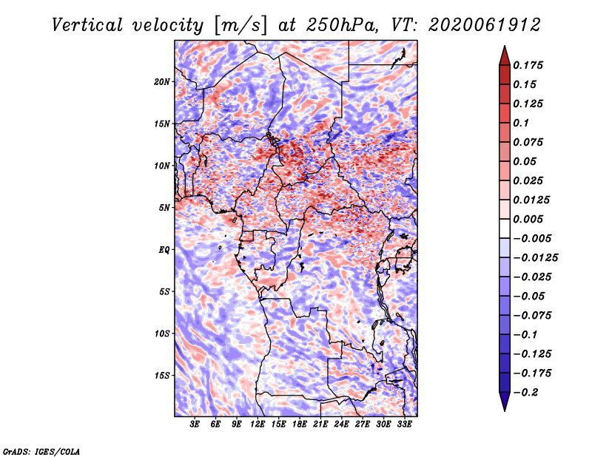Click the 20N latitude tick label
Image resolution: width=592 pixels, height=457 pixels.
click(162, 82)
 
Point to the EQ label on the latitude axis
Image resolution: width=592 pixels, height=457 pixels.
click(164, 250)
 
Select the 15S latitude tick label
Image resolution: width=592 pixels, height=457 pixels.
click(162, 376)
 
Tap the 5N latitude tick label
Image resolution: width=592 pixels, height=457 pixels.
click(164, 208)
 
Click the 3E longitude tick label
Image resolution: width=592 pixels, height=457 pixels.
click(195, 424)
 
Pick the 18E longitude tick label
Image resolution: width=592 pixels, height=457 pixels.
click(300, 424)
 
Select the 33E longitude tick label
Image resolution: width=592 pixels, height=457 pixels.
click(404, 424)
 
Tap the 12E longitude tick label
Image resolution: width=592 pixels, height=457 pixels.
click(258, 424)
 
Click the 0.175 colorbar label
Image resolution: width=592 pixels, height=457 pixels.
click(528, 65)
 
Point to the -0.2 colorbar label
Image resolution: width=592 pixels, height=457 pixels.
click(525, 393)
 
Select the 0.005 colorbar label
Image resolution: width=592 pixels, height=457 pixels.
click(528, 219)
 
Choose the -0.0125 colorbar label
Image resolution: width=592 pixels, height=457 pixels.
click(535, 258)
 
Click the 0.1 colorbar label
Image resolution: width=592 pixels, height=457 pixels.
click(521, 123)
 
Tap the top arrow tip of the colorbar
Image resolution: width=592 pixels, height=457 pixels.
click(505, 46)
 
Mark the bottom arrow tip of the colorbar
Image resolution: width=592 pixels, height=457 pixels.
click(505, 411)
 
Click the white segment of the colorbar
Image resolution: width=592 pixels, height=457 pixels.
click(505, 228)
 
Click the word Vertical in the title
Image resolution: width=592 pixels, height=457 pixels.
click(87, 25)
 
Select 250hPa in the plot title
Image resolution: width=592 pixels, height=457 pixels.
click(342, 25)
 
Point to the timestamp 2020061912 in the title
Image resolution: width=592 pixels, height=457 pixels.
click(485, 25)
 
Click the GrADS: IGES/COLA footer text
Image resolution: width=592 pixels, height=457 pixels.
click(41, 451)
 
